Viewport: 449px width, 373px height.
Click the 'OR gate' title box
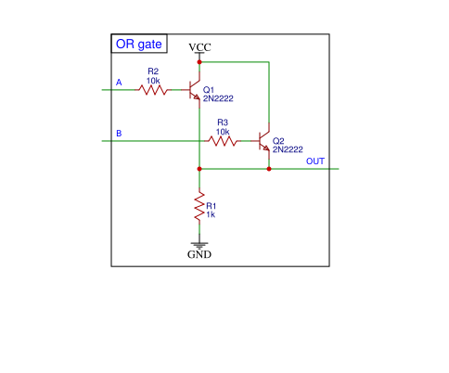point(139,44)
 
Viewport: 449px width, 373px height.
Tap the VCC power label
point(199,47)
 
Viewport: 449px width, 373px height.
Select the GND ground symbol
point(199,246)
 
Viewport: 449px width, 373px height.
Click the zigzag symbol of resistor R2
point(152,90)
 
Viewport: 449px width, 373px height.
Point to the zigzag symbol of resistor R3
point(222,142)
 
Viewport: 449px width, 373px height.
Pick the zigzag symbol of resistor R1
point(199,209)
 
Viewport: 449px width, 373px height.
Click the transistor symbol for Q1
point(195,91)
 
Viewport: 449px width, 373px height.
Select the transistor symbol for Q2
point(264,143)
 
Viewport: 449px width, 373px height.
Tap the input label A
point(118,84)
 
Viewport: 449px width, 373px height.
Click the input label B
point(118,135)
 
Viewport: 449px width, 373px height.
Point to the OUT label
point(315,162)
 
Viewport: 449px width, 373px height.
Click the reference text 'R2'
point(153,71)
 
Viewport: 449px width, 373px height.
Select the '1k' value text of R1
point(211,214)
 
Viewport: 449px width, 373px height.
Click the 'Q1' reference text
point(209,90)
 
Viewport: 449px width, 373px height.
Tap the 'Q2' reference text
point(278,141)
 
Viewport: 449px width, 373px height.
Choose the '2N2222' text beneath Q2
point(287,149)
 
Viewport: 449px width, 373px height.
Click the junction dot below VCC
point(199,61)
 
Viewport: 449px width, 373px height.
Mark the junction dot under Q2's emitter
point(269,169)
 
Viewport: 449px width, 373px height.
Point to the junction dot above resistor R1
point(199,169)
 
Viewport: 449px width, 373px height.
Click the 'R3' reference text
point(223,122)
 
